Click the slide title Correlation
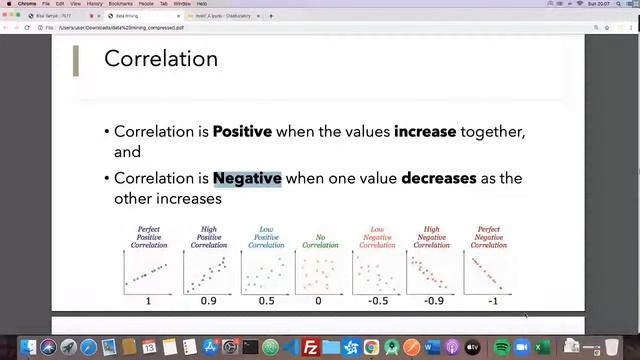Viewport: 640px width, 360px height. click(x=161, y=59)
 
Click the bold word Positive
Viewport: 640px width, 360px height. click(x=242, y=131)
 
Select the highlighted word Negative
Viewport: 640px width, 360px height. click(x=247, y=178)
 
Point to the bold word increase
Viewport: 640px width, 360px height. click(x=425, y=131)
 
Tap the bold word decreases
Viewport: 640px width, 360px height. click(x=438, y=178)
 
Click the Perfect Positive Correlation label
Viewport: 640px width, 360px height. click(x=149, y=237)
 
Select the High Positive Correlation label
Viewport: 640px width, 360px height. click(x=208, y=237)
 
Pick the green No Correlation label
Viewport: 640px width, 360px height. click(x=320, y=241)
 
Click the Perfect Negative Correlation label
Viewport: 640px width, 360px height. click(x=488, y=237)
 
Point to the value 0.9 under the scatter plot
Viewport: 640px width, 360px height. click(x=208, y=301)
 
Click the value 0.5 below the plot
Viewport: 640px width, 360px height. click(x=265, y=301)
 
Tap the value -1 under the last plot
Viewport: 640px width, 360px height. click(x=492, y=301)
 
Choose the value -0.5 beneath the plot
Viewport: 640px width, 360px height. click(x=377, y=301)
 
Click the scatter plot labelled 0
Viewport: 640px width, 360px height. click(x=320, y=272)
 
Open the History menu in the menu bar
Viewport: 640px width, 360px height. click(x=93, y=4)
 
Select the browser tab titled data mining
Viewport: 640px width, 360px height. click(x=127, y=16)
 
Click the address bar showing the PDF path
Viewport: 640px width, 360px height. click(x=200, y=27)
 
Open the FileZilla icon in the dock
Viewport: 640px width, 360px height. click(x=310, y=348)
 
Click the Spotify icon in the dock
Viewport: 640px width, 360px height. click(x=502, y=348)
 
